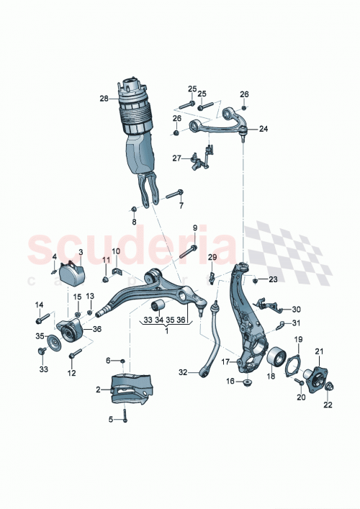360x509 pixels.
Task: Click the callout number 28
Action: [x=104, y=98]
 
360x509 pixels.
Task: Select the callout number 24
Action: [x=263, y=130]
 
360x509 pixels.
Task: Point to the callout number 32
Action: [x=182, y=372]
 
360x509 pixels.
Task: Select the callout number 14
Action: [x=39, y=305]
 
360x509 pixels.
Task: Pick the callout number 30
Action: [x=297, y=310]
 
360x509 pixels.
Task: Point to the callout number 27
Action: [x=176, y=158]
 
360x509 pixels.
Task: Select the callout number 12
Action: [x=71, y=373]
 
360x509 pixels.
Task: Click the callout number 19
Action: [x=297, y=338]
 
